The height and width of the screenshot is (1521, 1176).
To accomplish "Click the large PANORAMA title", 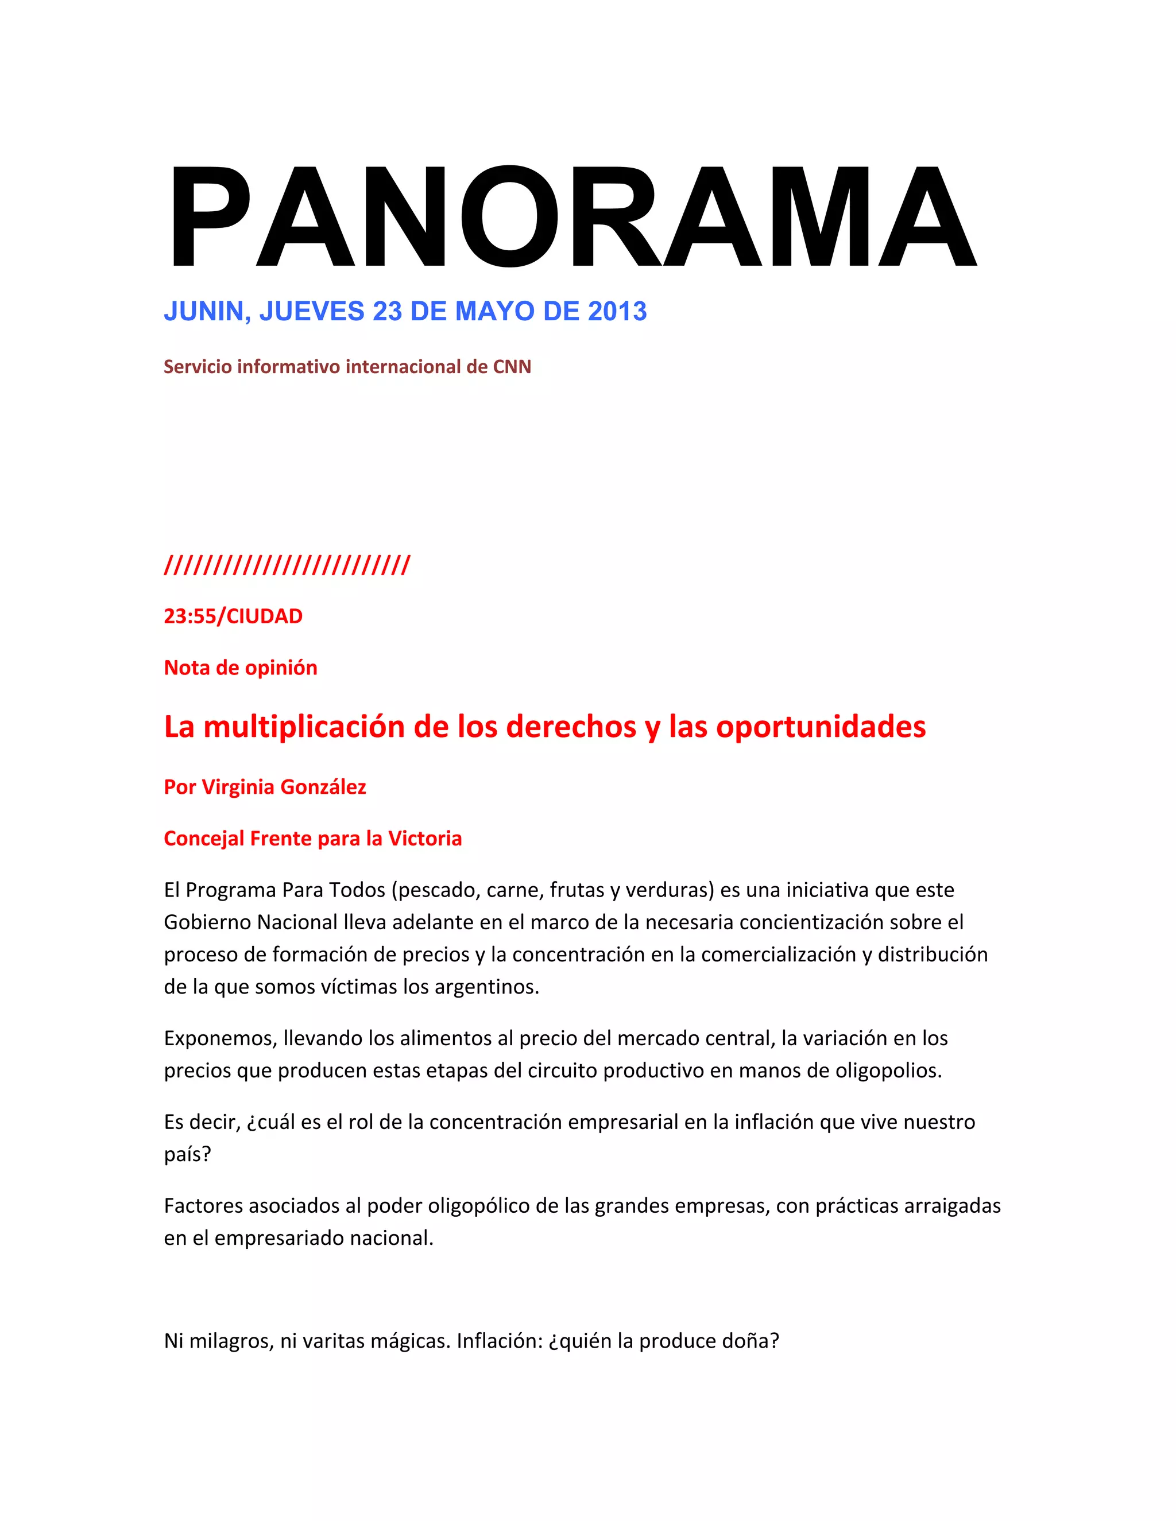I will [x=571, y=218].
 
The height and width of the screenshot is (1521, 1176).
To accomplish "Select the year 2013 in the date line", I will [x=617, y=311].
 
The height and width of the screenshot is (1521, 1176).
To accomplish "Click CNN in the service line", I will [x=512, y=367].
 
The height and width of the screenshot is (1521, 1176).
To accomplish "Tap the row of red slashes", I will [x=287, y=565].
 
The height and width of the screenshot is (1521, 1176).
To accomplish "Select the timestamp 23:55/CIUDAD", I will [x=233, y=616].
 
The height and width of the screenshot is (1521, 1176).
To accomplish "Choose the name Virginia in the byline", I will [x=238, y=787].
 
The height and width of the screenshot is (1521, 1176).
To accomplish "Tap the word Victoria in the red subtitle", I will [x=424, y=839].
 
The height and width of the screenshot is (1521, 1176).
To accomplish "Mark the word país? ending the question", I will [x=187, y=1155].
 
